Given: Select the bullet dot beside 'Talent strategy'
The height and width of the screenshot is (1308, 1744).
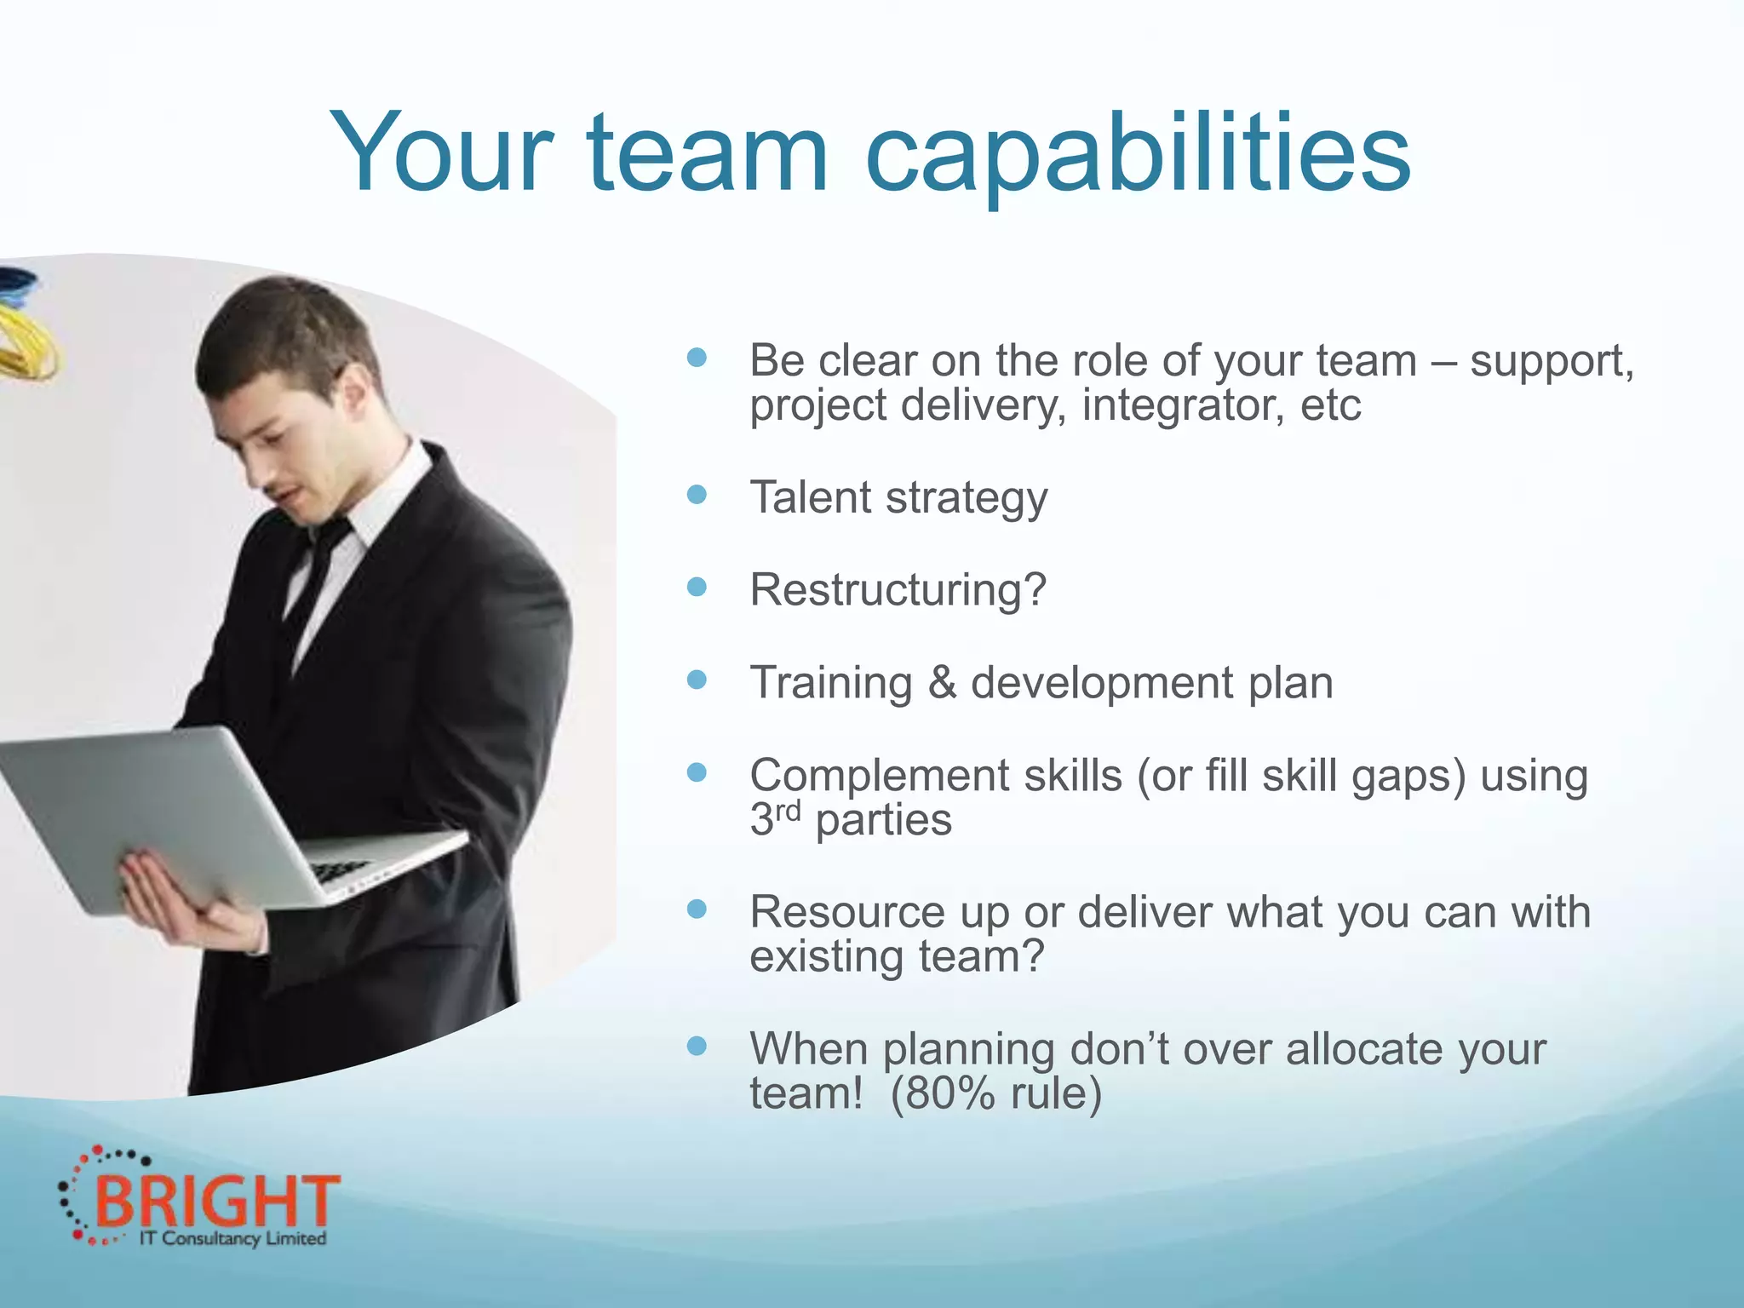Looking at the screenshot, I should pos(697,495).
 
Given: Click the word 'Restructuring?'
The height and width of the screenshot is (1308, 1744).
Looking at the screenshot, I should pos(898,589).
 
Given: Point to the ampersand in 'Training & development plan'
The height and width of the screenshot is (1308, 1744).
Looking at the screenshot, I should pos(942,682).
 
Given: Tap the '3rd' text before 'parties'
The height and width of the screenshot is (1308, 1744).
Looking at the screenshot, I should pos(775,818).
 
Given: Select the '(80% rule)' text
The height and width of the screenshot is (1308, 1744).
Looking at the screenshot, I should pos(995,1093).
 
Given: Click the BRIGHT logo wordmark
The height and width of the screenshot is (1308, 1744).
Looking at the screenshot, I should pos(217,1201).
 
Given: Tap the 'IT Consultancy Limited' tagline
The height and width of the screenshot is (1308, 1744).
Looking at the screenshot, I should pos(232,1239).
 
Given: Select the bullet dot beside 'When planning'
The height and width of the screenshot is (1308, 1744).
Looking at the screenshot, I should pos(697,1046).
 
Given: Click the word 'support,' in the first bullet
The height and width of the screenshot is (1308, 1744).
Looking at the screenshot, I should pos(1552,362).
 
